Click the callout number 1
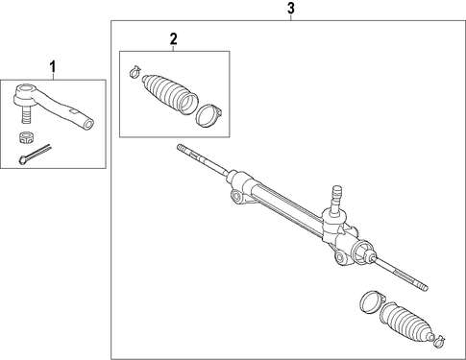[x=53, y=67]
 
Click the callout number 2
[x=173, y=39]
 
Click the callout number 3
[x=290, y=9]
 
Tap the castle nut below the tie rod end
[x=25, y=137]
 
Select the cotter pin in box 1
[x=35, y=154]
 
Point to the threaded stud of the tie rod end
[x=27, y=114]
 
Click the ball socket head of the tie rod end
[x=25, y=94]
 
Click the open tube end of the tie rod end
[x=88, y=124]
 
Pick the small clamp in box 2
[x=135, y=71]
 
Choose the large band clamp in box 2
[x=208, y=115]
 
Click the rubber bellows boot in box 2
[x=169, y=94]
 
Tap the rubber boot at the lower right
[x=406, y=324]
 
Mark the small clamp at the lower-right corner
[x=439, y=341]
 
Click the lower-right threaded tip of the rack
[x=420, y=285]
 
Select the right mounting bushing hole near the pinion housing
[x=340, y=257]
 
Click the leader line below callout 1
[x=53, y=76]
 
